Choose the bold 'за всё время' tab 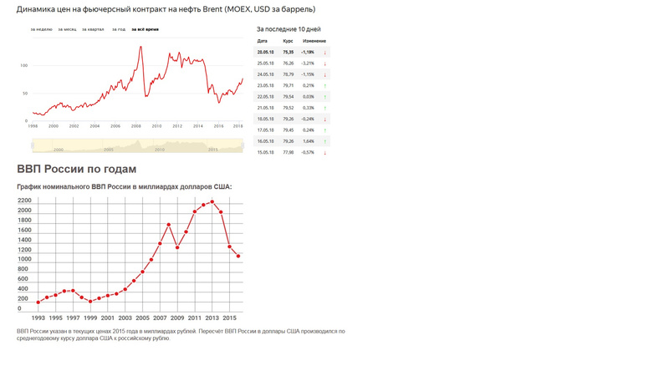tap(145, 29)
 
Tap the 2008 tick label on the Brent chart tap(135, 126)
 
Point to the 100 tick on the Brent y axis tap(24, 65)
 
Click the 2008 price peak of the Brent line tap(140, 47)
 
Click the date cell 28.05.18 tap(267, 52)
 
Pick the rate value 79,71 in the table tap(289, 85)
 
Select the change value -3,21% tap(308, 64)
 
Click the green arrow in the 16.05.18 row tap(324, 141)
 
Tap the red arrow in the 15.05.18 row tap(324, 153)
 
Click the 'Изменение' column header tap(314, 41)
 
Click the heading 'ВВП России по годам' tap(76, 169)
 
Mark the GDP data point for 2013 tap(212, 201)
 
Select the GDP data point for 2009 tap(177, 247)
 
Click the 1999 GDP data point tap(90, 302)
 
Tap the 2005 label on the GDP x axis tap(143, 318)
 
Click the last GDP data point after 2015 tap(238, 257)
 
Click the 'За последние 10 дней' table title tap(288, 29)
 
